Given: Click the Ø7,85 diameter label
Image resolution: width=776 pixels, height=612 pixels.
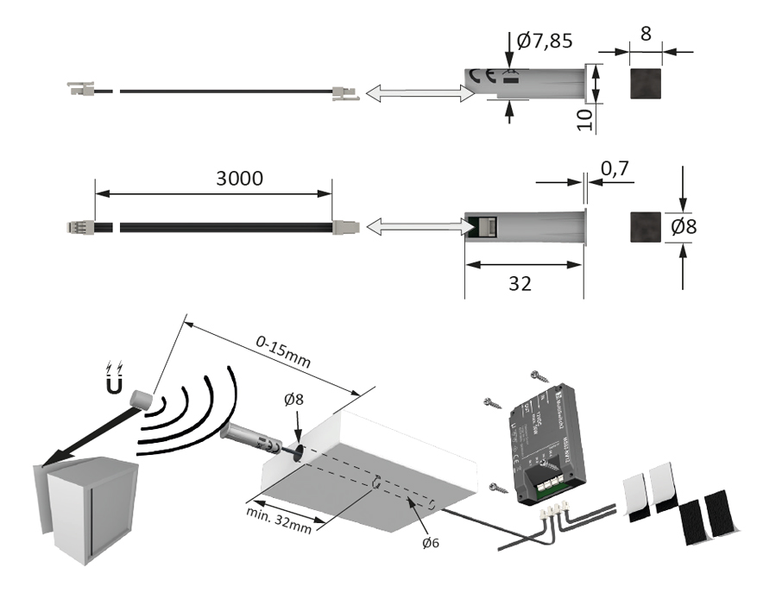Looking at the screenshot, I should [x=545, y=40].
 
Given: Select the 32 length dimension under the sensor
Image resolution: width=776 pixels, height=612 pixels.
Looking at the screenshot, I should [x=520, y=283].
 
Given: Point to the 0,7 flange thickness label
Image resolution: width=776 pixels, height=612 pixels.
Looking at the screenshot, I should [x=614, y=171].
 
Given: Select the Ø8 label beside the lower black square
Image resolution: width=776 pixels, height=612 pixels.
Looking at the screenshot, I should [x=685, y=227].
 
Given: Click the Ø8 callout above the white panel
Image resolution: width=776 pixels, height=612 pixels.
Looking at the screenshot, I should [x=295, y=401].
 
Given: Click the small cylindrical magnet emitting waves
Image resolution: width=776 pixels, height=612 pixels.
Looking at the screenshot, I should [x=140, y=400].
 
